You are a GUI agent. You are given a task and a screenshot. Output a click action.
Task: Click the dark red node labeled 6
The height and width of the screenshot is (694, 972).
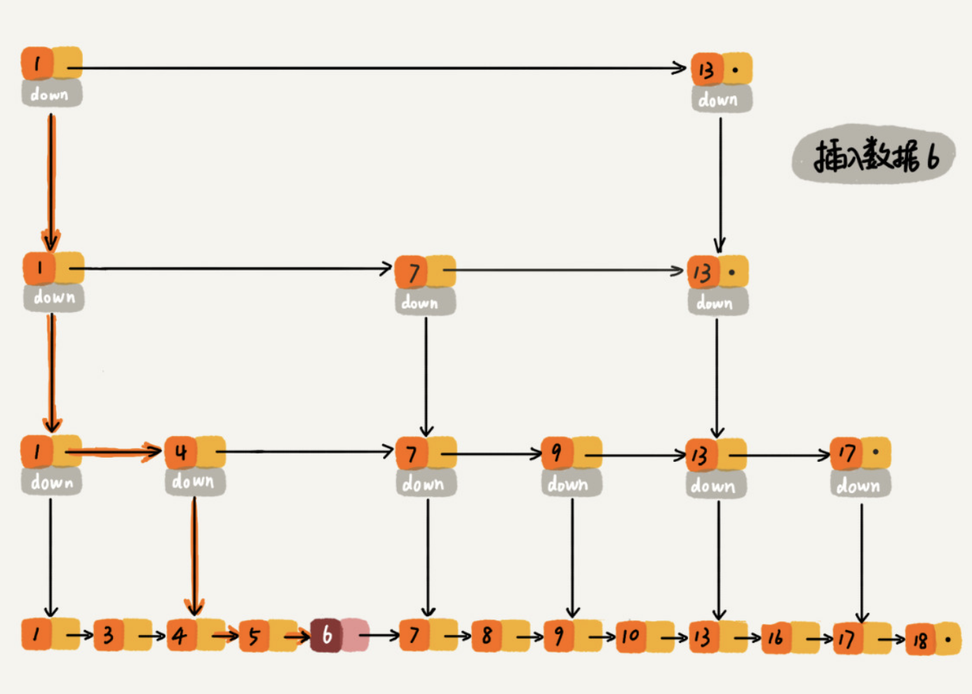339,635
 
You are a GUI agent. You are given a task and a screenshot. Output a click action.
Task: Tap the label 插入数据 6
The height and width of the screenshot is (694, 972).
874,155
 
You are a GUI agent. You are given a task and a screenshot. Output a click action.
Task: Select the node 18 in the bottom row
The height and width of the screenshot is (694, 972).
933,639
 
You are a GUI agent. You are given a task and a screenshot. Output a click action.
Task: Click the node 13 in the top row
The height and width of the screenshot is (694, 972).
722,69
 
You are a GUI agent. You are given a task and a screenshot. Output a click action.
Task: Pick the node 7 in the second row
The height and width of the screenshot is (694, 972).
425,272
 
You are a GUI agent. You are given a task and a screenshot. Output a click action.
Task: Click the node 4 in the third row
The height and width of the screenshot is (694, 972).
195,452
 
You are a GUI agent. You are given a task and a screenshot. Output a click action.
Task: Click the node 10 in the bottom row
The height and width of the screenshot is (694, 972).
645,637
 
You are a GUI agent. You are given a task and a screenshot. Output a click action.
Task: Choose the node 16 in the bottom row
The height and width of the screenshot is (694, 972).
790,638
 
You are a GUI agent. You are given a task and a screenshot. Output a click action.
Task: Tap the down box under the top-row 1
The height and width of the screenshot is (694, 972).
52,93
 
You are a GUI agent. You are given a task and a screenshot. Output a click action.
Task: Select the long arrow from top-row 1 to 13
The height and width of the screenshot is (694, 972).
377,68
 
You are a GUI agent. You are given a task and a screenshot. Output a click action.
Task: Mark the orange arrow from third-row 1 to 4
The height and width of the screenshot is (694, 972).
114,451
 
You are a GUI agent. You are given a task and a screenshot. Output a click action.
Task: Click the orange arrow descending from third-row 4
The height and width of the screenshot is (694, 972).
194,556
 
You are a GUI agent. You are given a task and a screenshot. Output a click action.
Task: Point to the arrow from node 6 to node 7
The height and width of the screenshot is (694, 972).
379,636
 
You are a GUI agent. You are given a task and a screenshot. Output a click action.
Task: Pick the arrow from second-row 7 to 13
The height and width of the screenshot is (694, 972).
563,271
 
